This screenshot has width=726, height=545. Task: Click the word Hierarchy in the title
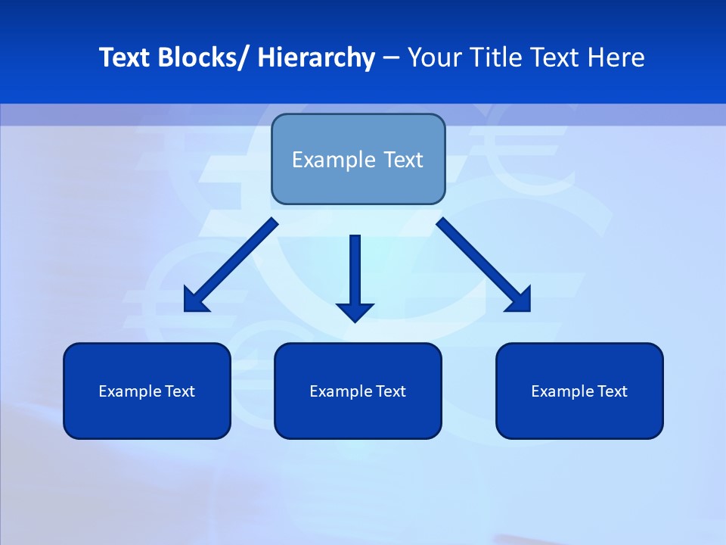(316, 58)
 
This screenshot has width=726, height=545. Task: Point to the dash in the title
(391, 58)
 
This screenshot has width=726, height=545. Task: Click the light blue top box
(358, 159)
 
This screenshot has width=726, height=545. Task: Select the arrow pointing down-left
(231, 265)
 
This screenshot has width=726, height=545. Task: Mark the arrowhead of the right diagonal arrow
(520, 301)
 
